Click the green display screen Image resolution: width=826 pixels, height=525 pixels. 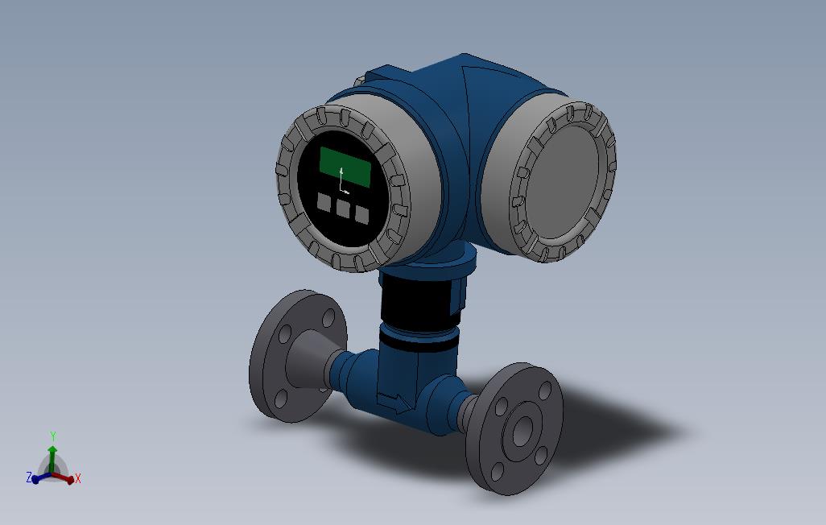coord(345,167)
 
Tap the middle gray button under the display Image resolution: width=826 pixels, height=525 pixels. coord(343,209)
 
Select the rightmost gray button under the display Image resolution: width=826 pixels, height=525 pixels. coord(362,215)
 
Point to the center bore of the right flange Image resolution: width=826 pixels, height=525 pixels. coord(522,432)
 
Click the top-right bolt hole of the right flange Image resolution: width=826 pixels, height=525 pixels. coord(544,391)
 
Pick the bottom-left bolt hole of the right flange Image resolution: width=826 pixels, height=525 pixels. coord(497,471)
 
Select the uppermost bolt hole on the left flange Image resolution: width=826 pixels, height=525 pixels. coord(328,317)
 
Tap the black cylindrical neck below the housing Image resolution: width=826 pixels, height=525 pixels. coord(421,302)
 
